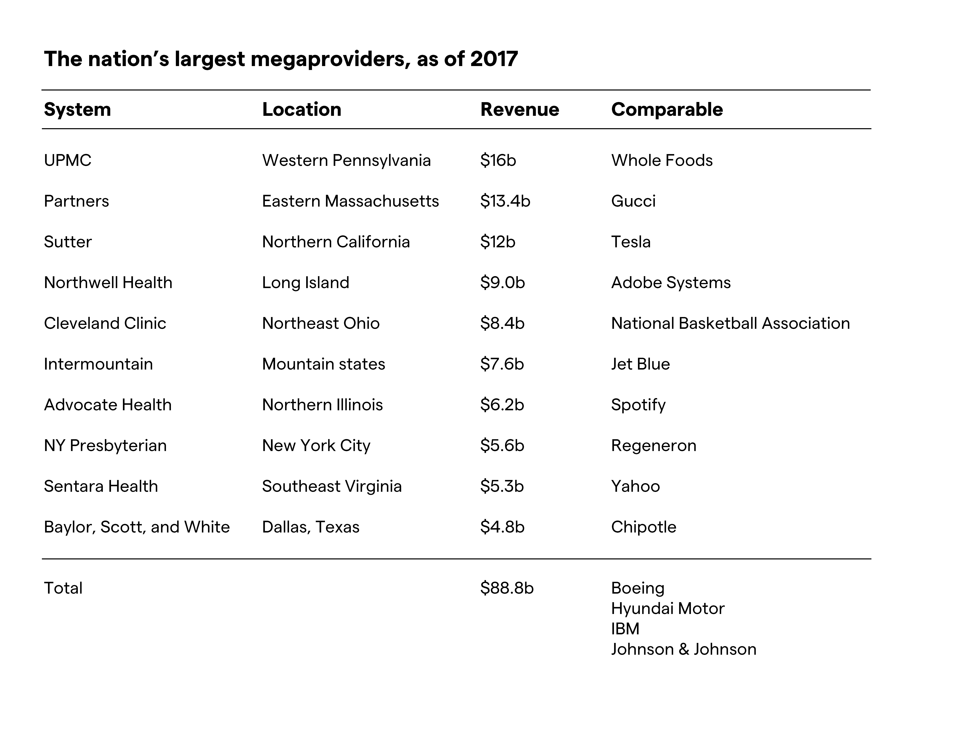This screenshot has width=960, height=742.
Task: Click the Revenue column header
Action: pyautogui.click(x=520, y=109)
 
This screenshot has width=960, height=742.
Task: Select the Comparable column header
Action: pyautogui.click(x=667, y=109)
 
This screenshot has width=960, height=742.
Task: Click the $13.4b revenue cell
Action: pyautogui.click(x=505, y=201)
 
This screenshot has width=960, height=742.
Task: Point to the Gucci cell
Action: pyautogui.click(x=633, y=201)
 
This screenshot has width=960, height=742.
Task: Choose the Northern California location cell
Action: pyautogui.click(x=336, y=242)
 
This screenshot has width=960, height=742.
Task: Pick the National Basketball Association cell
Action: pyautogui.click(x=730, y=324)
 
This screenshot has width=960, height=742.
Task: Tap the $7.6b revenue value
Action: pyautogui.click(x=502, y=364)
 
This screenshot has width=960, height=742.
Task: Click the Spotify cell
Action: pyautogui.click(x=638, y=405)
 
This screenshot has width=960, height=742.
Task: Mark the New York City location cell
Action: pyautogui.click(x=316, y=446)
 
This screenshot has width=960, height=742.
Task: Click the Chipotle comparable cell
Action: pyautogui.click(x=643, y=527)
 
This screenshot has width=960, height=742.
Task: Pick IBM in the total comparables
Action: pyautogui.click(x=625, y=629)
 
